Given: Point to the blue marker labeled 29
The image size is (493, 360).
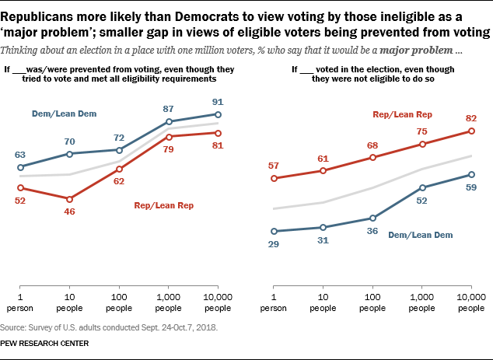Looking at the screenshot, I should pyautogui.click(x=274, y=231).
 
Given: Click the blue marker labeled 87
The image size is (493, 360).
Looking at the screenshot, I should pyautogui.click(x=170, y=122).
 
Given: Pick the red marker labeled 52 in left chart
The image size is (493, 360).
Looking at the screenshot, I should pyautogui.click(x=20, y=187).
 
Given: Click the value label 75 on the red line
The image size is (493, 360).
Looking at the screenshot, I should pyautogui.click(x=422, y=131).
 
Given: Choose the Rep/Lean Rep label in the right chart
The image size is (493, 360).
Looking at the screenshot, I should pyautogui.click(x=401, y=114).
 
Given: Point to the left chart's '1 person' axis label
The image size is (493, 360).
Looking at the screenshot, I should pyautogui.click(x=19, y=303).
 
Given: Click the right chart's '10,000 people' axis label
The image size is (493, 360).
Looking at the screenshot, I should pyautogui.click(x=472, y=303).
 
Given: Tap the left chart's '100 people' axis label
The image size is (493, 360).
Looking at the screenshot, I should pyautogui.click(x=120, y=303).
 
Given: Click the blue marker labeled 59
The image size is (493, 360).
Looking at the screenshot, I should pyautogui.click(x=472, y=174).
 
